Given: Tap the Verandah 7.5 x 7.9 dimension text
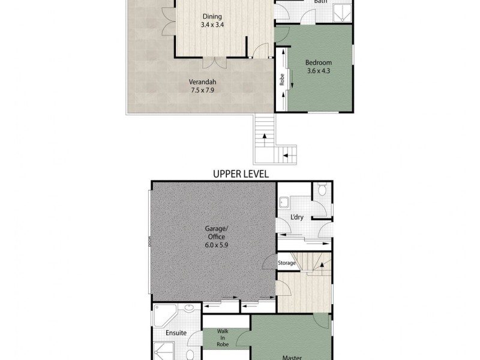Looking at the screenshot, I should [x=202, y=87].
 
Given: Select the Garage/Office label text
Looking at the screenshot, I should [x=215, y=233].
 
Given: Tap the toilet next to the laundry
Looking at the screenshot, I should [x=322, y=190].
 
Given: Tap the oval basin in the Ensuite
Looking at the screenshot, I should [x=189, y=309].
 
